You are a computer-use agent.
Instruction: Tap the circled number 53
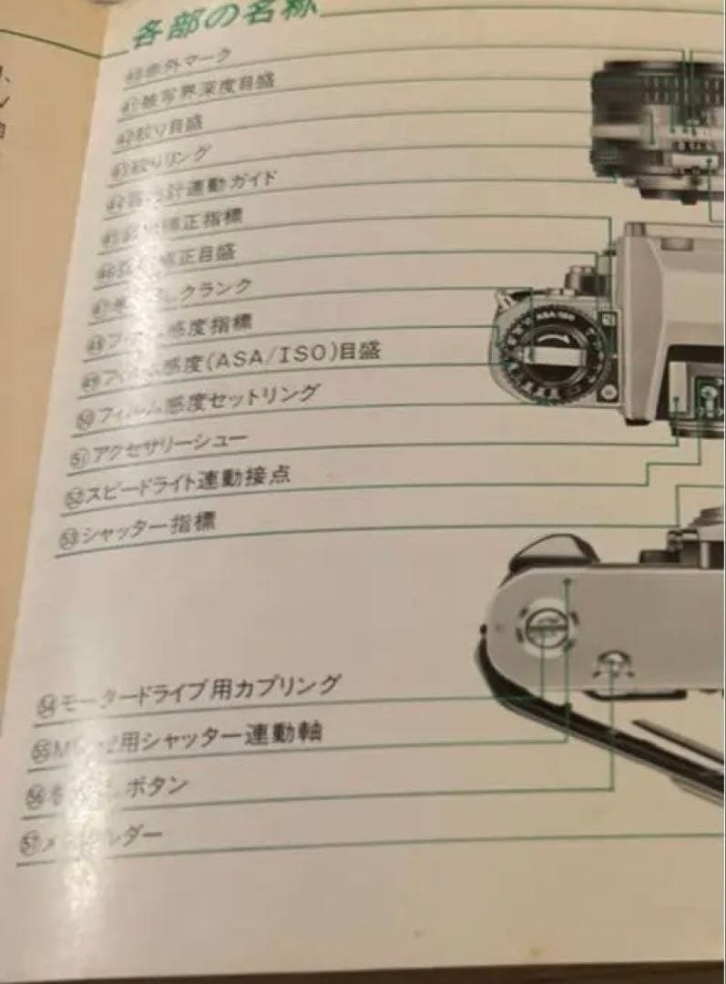(68, 538)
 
